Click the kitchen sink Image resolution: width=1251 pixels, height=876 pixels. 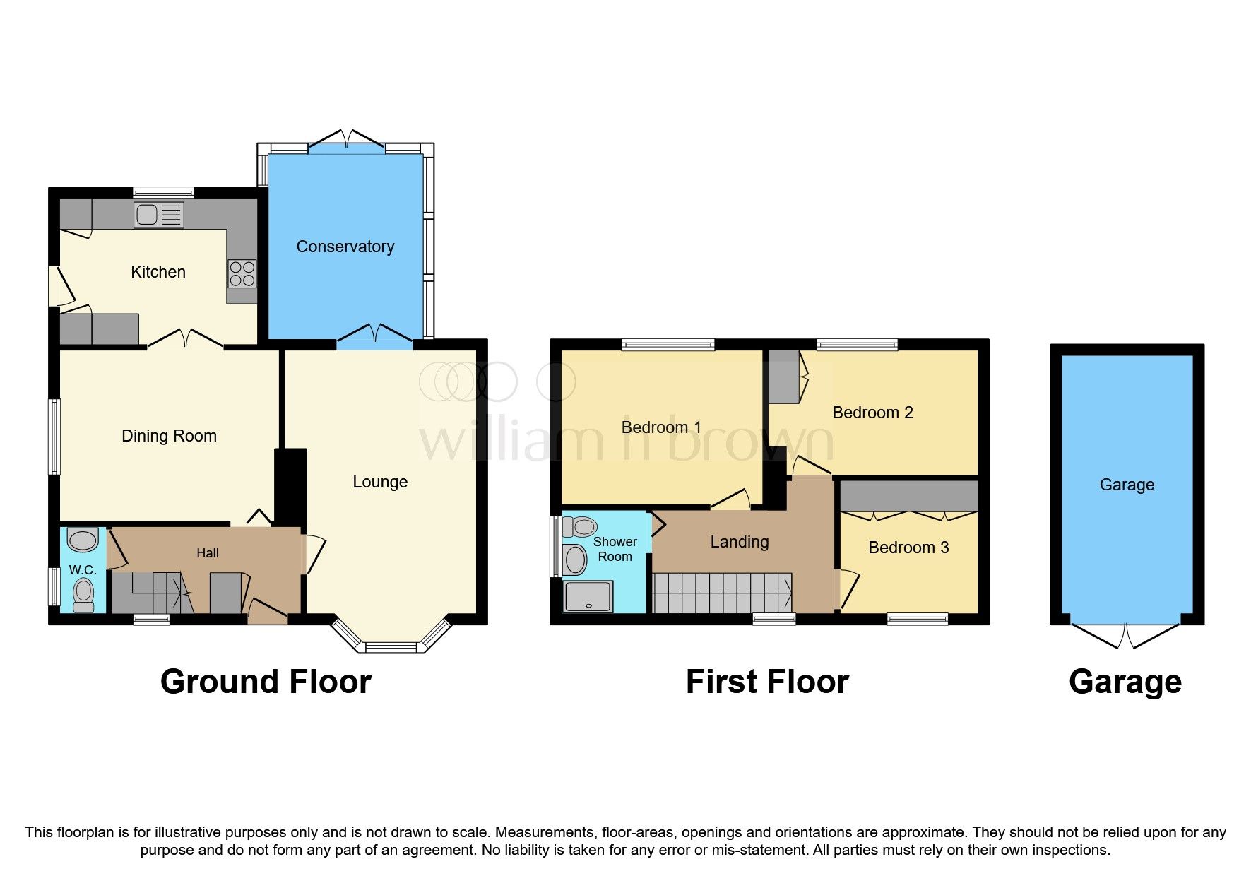click(159, 215)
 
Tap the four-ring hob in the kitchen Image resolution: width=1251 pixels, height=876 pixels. click(242, 273)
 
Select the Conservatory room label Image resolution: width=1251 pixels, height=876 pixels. click(345, 247)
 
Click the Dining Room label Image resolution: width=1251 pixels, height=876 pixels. click(169, 436)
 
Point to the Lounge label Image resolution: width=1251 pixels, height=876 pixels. click(380, 482)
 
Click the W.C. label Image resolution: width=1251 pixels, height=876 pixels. click(83, 570)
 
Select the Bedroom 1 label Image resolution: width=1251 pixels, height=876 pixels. click(661, 427)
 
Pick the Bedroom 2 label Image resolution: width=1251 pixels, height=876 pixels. click(872, 413)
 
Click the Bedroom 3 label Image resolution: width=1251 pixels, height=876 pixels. click(908, 547)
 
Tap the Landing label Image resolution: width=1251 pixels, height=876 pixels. click(740, 542)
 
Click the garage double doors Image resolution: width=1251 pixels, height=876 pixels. click(1126, 636)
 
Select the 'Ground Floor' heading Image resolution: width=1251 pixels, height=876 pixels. click(266, 682)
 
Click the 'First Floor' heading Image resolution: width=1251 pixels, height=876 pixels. click(767, 682)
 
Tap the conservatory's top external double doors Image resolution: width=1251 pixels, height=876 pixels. click(346, 139)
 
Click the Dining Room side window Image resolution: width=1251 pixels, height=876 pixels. click(54, 437)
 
